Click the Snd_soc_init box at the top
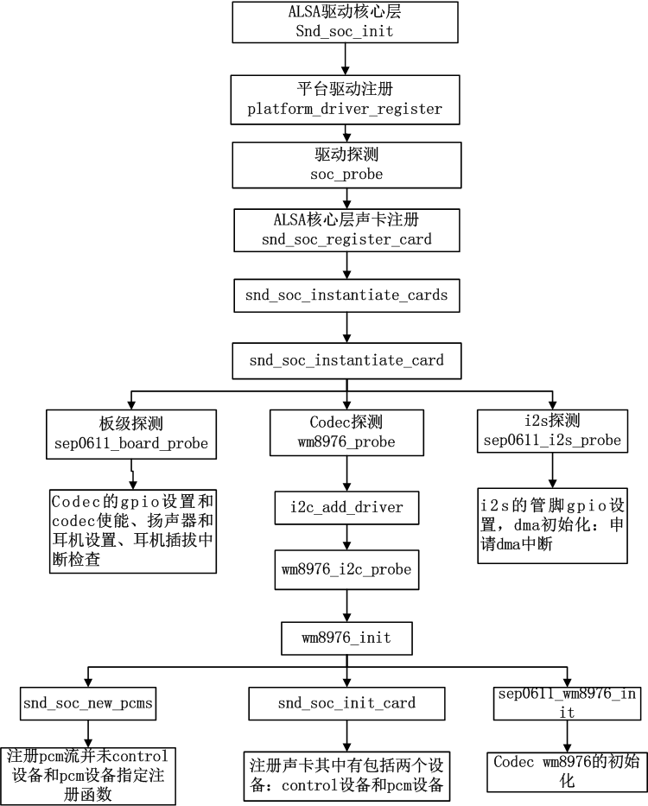pos(346,23)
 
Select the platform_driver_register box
pos(345,99)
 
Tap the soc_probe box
pos(346,165)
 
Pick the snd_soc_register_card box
pos(346,229)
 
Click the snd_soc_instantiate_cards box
pos(346,295)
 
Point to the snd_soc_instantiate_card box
pos(346,359)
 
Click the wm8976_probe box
pos(346,434)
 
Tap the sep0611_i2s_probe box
pos(551,430)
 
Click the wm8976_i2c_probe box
pos(346,570)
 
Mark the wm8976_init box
pos(346,638)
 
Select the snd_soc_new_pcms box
pos(88,703)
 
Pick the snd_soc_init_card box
pos(346,703)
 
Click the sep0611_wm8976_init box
pos(567,703)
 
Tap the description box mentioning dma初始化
pos(552,526)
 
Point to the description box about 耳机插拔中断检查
pos(131,530)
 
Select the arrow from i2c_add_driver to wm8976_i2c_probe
pos(346,538)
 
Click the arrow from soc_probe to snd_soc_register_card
pos(346,197)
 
